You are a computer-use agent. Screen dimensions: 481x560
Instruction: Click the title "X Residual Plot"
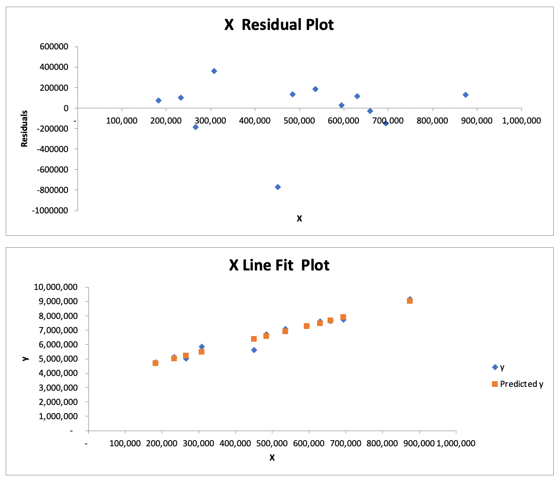279,25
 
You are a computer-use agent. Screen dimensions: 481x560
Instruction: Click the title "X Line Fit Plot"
279,265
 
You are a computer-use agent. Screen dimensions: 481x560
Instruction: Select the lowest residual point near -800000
278,187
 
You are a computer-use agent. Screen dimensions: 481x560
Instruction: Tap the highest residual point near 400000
214,71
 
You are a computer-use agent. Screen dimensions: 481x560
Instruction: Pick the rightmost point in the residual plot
465,95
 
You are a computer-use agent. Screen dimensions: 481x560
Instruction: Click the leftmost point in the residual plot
158,100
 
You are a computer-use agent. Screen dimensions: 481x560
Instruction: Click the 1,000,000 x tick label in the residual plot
521,121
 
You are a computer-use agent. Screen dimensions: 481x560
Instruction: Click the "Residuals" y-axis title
24,129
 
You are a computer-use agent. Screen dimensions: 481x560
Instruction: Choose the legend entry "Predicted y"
521,384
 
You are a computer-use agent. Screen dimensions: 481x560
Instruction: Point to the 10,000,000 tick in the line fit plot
56,287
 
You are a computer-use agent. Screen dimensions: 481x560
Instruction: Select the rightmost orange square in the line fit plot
410,301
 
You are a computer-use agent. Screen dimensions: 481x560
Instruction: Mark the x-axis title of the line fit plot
272,457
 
